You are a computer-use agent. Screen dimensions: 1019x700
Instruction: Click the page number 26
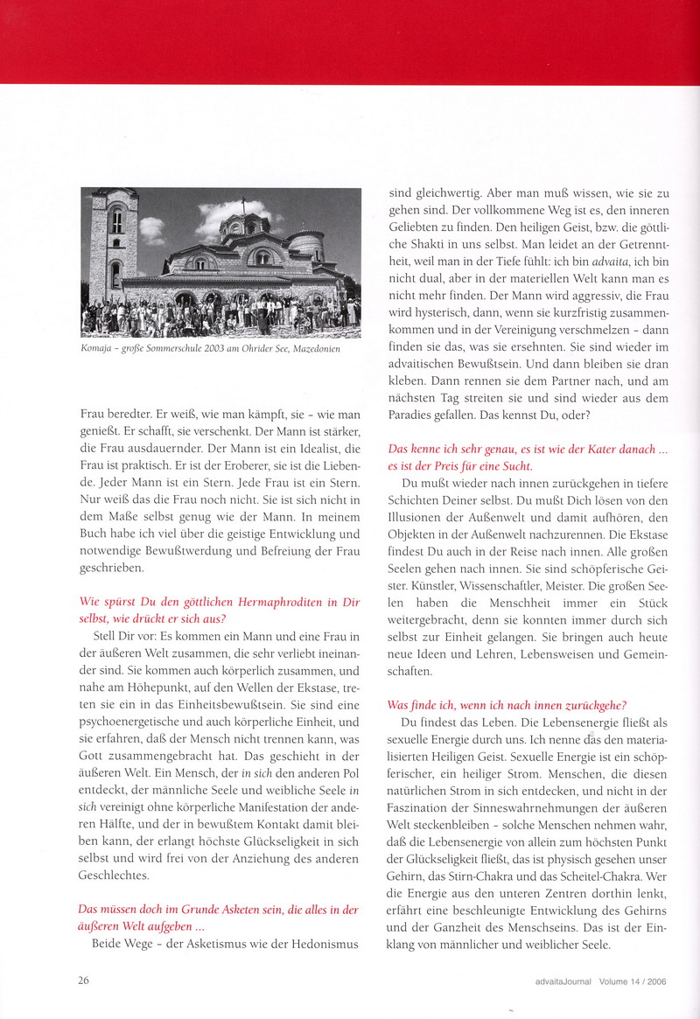[x=85, y=981]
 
